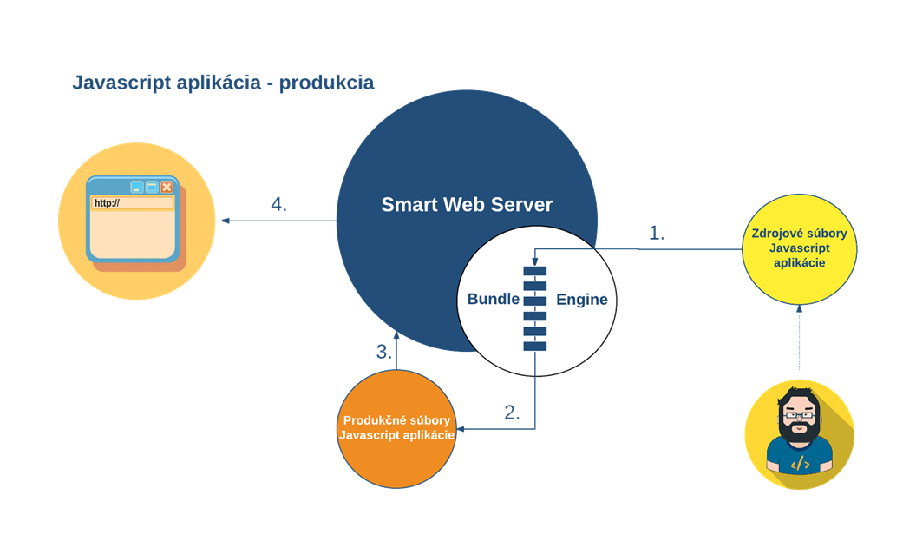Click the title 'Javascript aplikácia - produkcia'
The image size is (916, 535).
[223, 83]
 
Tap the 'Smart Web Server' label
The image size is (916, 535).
[467, 205]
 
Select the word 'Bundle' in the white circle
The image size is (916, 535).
[493, 299]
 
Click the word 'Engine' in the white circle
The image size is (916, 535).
[581, 300]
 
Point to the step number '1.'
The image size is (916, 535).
[657, 233]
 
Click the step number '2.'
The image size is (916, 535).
[512, 413]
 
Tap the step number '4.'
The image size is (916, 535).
[278, 205]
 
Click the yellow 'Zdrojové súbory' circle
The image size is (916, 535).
[800, 248]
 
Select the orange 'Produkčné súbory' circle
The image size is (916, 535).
[396, 427]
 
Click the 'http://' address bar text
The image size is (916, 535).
[108, 203]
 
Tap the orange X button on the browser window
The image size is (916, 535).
[167, 187]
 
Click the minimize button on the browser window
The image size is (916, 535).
[136, 187]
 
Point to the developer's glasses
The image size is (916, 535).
[799, 414]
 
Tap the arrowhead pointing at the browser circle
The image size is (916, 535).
[226, 221]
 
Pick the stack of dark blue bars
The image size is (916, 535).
[534, 308]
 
